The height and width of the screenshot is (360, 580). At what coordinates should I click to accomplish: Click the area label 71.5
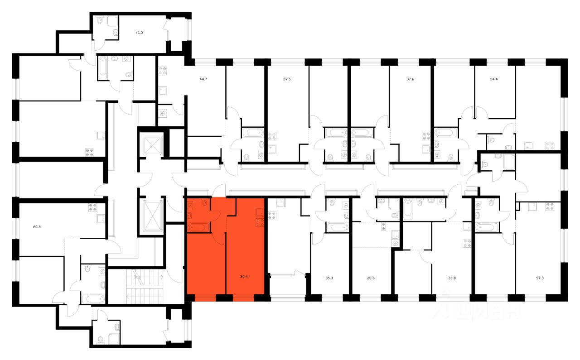[140, 33]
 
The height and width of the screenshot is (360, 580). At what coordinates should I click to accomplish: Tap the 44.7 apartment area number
[203, 79]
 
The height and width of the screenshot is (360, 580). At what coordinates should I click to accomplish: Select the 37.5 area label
[287, 79]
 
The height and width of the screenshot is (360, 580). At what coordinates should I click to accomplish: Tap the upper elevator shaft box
[151, 144]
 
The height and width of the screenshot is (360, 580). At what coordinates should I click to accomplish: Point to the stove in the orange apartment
[260, 222]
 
